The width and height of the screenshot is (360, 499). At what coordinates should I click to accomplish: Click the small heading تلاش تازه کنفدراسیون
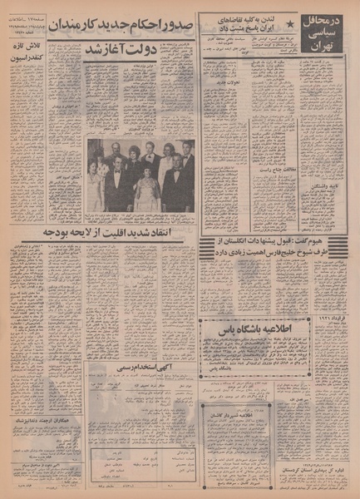pyautogui.click(x=22, y=56)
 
